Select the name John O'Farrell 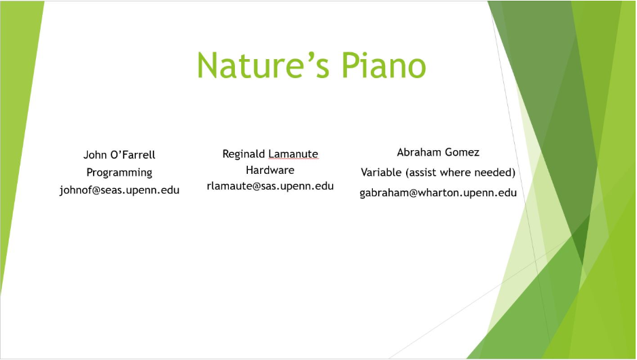(x=120, y=155)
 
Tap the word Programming (x=120, y=173)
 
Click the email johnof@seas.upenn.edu (x=120, y=190)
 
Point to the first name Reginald (x=244, y=154)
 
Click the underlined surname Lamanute (x=293, y=154)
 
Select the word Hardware (x=270, y=170)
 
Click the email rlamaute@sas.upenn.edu (x=270, y=185)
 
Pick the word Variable (x=381, y=173)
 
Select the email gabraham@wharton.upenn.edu (x=438, y=193)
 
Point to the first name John (x=94, y=155)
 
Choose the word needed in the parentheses (x=497, y=173)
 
